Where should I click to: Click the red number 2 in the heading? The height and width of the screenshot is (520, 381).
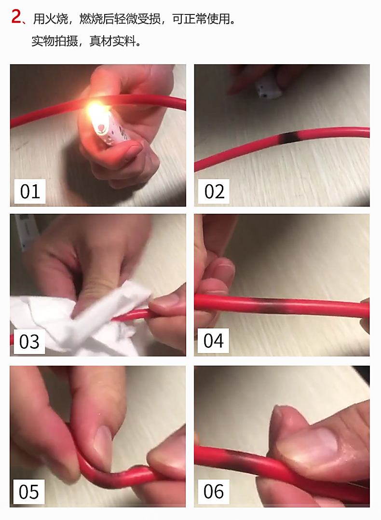16,16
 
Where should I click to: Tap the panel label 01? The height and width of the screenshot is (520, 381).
29,192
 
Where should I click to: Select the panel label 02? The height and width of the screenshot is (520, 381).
214,192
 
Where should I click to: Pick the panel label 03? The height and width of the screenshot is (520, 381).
29,342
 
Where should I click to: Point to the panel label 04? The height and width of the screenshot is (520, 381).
213,341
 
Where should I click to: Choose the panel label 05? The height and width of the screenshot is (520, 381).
29,492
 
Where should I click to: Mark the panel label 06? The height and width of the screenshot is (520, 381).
213,491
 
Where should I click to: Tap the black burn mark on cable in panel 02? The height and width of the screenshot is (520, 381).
290,137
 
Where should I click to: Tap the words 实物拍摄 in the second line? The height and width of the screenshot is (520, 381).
54,41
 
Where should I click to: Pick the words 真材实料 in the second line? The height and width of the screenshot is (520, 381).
112,41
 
